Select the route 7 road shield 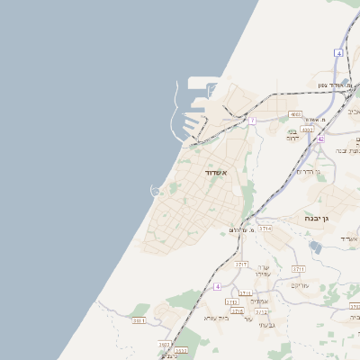click(252, 120)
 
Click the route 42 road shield click(320, 139)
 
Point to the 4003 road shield click(296, 114)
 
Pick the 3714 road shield click(265, 229)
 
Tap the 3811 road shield click(139, 319)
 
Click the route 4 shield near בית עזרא click(217, 286)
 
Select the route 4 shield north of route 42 click(338, 53)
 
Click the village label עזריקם click(300, 284)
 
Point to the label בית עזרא click(218, 317)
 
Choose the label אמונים click(259, 301)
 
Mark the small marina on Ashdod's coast click(156, 190)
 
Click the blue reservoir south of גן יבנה click(314, 246)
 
